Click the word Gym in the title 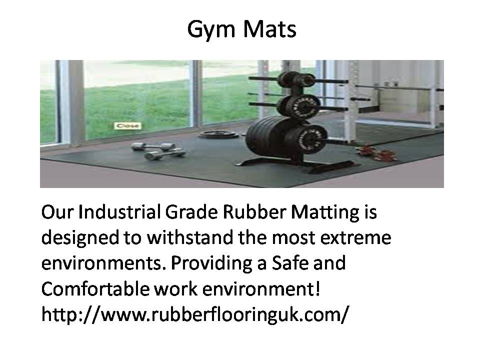point(211,30)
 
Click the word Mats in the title point(269,29)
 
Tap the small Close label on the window point(127,126)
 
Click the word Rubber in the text point(254,212)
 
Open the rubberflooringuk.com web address point(195,314)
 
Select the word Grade point(191,212)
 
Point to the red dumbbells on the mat point(376,153)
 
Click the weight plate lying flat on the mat point(218,134)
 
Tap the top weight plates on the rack point(296,79)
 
